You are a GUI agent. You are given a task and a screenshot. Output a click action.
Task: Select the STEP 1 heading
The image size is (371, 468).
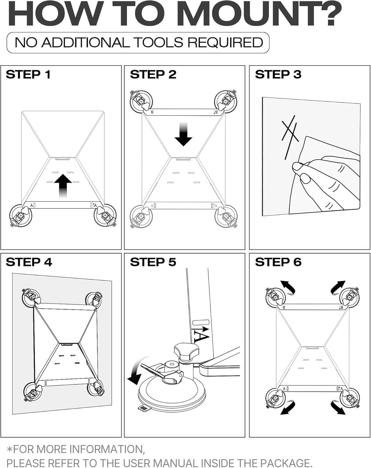pyautogui.click(x=28, y=75)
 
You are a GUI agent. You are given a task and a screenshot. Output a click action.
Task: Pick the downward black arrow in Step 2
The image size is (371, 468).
pyautogui.click(x=183, y=134)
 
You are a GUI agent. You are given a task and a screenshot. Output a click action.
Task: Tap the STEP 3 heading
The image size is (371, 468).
pyautogui.click(x=278, y=75)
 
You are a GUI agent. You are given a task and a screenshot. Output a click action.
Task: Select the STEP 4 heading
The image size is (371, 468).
pyautogui.click(x=29, y=262)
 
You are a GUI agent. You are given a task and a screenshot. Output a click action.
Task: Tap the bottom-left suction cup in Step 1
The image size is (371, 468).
pyautogui.click(x=21, y=216)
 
